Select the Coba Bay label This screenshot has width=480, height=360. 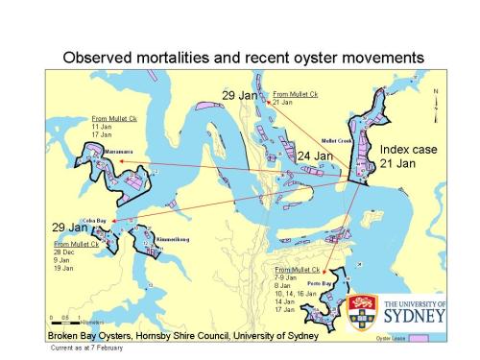94,220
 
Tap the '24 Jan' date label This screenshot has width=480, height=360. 314,156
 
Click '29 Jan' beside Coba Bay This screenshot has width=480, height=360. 69,228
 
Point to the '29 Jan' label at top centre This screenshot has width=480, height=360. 240,95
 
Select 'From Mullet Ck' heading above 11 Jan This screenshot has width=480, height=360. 112,117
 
